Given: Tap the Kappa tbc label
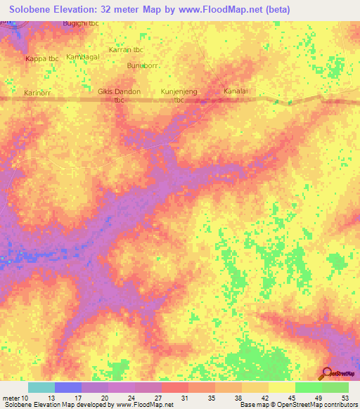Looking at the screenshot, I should click(41, 58).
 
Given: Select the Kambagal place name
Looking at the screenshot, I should click(83, 56).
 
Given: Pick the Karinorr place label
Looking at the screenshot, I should click(39, 92).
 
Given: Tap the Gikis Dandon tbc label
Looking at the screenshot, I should click(119, 96).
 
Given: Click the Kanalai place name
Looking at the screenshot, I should click(236, 91).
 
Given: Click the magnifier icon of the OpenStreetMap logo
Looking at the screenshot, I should click(326, 373).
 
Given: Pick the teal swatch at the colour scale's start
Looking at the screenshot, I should click(41, 387).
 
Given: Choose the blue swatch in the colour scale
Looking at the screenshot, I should click(68, 387).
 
